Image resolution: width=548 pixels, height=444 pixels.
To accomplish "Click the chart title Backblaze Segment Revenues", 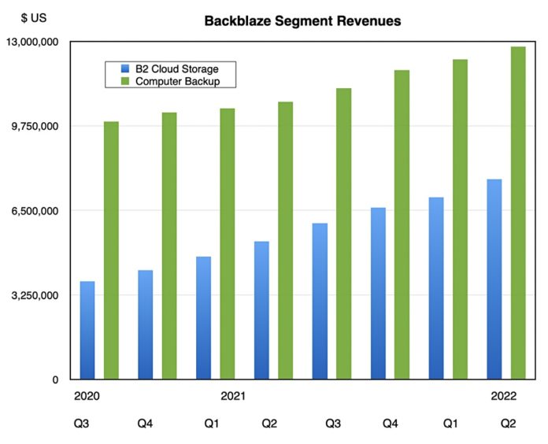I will point(302,21).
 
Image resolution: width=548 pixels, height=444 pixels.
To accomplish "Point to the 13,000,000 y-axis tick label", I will point(33,42).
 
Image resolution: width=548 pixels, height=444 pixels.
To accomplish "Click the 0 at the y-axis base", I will point(54,380).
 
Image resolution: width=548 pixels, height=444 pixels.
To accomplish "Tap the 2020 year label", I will point(86,397).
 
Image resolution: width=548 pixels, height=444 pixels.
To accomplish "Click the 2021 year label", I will point(232,397).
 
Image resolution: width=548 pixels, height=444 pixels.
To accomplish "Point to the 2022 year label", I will point(504,397).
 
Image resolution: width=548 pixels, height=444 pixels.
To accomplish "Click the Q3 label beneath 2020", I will point(81,424).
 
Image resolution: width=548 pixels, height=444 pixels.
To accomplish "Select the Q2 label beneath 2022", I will point(508,424).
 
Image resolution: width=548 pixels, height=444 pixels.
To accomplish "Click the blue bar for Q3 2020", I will point(87,331).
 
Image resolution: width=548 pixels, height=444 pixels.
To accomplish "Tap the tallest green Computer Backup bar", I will point(518,213).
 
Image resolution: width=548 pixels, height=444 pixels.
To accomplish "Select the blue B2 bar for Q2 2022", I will point(494,279).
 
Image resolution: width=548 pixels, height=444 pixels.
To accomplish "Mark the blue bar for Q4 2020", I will point(145,324).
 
